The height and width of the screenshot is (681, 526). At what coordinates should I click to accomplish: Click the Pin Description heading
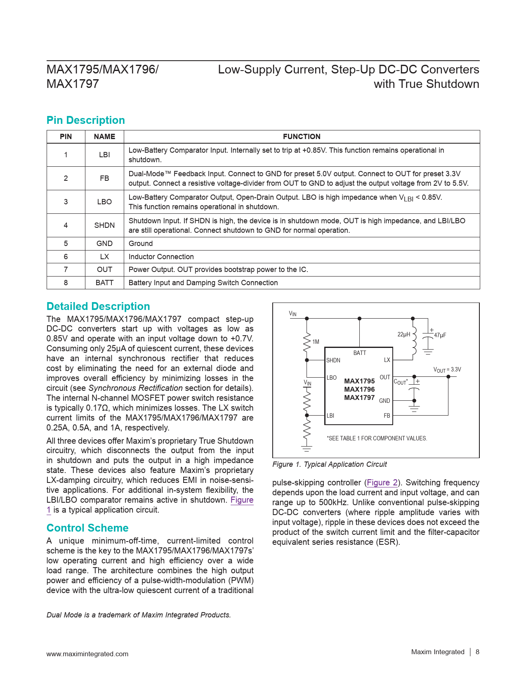85,120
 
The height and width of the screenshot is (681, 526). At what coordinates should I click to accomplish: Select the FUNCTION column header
302,137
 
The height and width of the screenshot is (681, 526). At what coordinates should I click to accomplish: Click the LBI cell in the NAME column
104,155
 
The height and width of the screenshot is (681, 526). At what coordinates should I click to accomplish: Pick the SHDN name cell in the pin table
104,225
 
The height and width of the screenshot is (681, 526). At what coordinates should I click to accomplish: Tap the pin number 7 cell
66,270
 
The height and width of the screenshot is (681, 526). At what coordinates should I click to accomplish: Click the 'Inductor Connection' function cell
161,257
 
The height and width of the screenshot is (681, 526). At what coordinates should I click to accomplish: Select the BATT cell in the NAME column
104,283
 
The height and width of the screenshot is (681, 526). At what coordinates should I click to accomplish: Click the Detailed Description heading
98,306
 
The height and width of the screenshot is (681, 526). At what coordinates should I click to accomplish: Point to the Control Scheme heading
87,528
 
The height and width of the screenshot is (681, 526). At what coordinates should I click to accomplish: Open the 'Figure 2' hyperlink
382,482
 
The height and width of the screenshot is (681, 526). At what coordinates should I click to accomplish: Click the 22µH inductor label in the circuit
404,334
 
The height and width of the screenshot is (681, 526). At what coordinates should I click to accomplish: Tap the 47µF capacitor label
440,335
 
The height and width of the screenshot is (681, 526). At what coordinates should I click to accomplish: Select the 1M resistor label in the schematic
316,342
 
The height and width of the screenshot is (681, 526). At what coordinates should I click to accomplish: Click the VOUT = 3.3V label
447,370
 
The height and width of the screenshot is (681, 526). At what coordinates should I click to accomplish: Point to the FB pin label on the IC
387,416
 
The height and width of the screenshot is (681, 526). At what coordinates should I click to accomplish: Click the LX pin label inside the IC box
387,360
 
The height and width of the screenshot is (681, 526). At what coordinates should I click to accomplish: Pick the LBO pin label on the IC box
332,378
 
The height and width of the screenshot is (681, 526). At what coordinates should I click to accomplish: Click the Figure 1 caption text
330,464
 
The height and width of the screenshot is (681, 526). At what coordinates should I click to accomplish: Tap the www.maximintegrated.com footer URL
87,654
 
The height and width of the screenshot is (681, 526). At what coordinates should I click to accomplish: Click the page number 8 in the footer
477,652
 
